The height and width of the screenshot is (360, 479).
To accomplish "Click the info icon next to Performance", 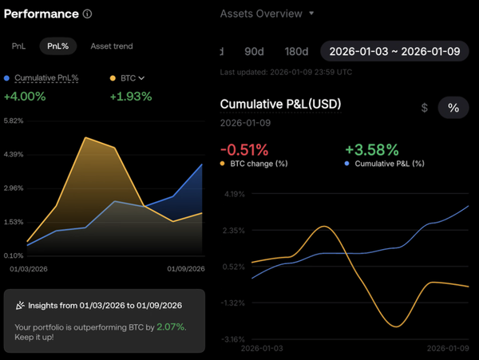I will (87, 14).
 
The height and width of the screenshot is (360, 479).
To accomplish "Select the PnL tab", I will (18, 46).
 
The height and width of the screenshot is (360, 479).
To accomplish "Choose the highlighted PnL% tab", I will (57, 46).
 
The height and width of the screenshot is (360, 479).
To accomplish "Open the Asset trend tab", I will (112, 46).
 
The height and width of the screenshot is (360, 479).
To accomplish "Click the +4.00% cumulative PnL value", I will (25, 96).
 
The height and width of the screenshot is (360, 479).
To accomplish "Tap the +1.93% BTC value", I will (129, 96).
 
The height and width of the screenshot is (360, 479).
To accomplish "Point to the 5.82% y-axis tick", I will (14, 121).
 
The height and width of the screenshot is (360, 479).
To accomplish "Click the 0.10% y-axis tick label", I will (14, 255).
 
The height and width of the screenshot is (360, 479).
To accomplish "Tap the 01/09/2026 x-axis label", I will (185, 268).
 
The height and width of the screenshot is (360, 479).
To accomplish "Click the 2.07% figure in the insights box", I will (171, 327).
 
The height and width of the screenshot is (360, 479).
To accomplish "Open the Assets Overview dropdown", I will (267, 14).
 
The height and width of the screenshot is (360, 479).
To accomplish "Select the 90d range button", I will (254, 51).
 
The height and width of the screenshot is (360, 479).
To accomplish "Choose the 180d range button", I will (296, 51).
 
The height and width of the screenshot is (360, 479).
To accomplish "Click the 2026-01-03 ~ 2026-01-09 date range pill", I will (394, 51).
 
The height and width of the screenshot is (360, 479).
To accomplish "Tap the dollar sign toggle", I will (424, 108).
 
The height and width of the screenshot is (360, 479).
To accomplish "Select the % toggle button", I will (453, 108).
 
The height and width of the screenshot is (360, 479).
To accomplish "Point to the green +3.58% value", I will (370, 150).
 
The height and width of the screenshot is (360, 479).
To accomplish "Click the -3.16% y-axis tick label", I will (235, 339).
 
